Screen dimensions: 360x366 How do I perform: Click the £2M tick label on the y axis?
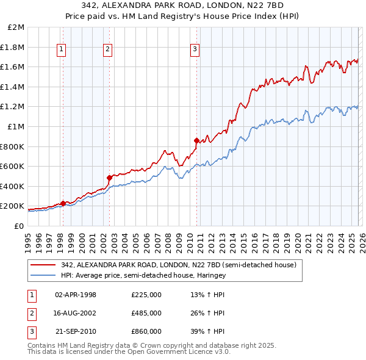(16, 27)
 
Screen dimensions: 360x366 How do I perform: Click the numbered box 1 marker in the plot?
(62, 50)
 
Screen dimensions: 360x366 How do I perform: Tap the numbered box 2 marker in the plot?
(107, 50)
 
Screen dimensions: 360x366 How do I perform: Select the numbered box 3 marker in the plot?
(195, 50)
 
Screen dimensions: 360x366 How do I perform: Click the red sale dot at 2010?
(196, 140)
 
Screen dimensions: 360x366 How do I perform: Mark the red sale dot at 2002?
(109, 178)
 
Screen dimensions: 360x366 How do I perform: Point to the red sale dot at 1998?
(63, 203)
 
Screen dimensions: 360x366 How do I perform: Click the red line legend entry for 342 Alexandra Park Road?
(178, 265)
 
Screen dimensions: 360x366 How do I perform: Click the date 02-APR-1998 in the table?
(76, 295)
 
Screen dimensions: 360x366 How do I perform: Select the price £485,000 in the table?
(146, 313)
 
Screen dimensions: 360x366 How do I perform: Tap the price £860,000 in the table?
(146, 331)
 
